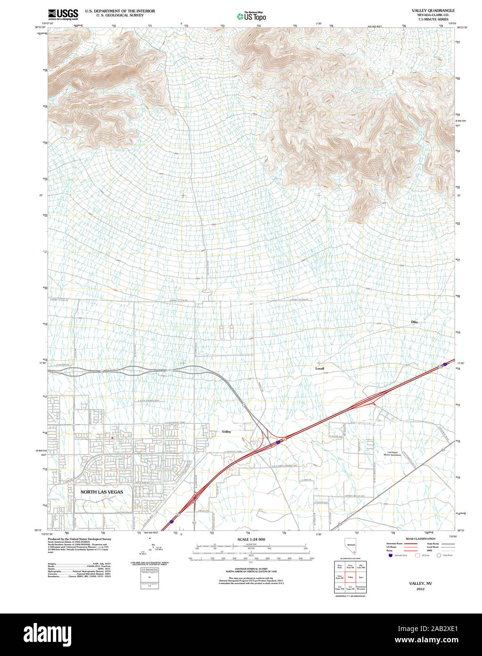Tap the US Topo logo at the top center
pyautogui.click(x=251, y=17)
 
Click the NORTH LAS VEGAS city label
pyautogui.click(x=101, y=492)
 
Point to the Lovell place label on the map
pyautogui.click(x=320, y=368)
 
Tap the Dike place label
pyautogui.click(x=414, y=322)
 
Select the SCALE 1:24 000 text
pyautogui.click(x=251, y=539)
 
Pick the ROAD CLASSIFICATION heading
pyautogui.click(x=420, y=539)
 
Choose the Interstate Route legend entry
pyautogui.click(x=394, y=544)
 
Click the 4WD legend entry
pyautogui.click(x=430, y=551)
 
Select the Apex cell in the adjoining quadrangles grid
pyautogui.click(x=361, y=577)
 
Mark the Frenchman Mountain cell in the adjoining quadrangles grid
pyautogui.click(x=361, y=588)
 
